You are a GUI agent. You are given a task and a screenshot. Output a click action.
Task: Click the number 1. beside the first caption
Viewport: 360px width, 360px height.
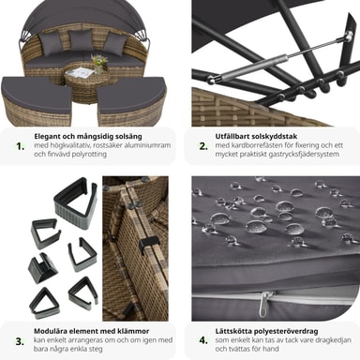21,146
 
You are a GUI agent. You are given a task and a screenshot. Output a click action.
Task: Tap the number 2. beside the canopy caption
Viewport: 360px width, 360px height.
203,146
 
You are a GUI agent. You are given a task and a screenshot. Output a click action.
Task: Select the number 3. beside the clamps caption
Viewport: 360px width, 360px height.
20,341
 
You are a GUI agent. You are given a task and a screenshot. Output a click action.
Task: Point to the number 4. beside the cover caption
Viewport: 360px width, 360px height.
203,340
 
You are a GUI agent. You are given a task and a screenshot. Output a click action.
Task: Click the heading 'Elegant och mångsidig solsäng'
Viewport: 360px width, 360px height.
88,137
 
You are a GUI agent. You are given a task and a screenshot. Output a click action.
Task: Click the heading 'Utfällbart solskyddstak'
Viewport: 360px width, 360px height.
256,136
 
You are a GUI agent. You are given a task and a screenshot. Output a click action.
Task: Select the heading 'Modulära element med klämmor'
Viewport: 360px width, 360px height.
92,331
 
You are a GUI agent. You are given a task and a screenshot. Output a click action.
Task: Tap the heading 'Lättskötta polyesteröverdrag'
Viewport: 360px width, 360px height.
266,331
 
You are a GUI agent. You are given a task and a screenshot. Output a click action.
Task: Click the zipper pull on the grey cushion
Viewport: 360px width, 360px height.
263,303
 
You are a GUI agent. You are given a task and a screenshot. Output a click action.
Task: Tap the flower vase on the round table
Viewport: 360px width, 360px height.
99,64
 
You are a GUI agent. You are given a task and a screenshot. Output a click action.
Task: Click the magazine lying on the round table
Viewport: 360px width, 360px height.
81,72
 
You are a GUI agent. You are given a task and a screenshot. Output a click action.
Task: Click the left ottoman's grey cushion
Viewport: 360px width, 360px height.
37,95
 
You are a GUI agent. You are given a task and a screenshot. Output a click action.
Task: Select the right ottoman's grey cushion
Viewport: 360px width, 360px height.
131,94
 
